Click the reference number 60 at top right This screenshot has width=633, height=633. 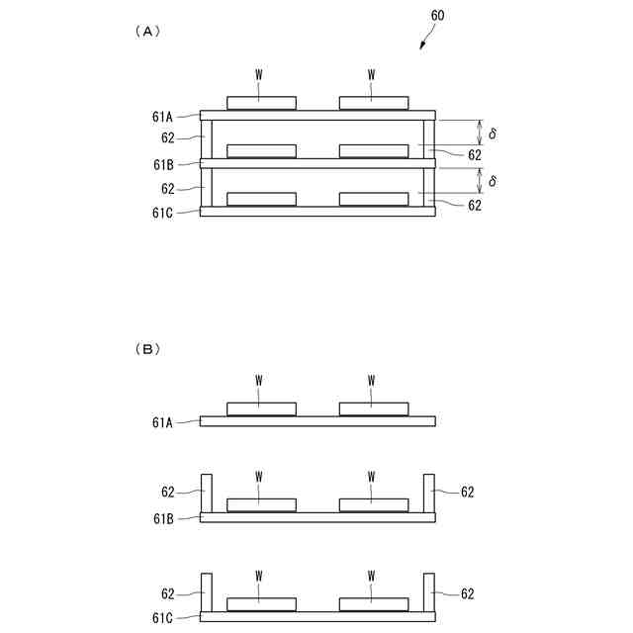pyautogui.click(x=438, y=16)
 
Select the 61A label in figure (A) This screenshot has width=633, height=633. pyautogui.click(x=163, y=117)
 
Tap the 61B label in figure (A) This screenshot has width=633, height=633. pyautogui.click(x=163, y=164)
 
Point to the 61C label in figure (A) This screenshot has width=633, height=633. pyautogui.click(x=163, y=212)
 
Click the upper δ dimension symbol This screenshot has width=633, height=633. pyautogui.click(x=493, y=133)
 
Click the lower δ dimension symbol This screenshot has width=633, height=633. pyautogui.click(x=493, y=181)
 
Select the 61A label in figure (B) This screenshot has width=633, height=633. pyautogui.click(x=163, y=421)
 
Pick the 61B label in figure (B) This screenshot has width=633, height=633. pyautogui.click(x=163, y=516)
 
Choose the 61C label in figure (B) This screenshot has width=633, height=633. pyautogui.click(x=163, y=616)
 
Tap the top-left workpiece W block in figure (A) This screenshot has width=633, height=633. pyautogui.click(x=261, y=102)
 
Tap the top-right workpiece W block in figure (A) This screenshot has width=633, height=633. pyautogui.click(x=373, y=102)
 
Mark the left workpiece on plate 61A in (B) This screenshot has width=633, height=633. pyautogui.click(x=261, y=408)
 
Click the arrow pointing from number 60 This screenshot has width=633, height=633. pyautogui.click(x=424, y=38)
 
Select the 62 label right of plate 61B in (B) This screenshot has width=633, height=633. pyautogui.click(x=468, y=492)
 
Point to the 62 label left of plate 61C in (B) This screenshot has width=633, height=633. pyautogui.click(x=168, y=594)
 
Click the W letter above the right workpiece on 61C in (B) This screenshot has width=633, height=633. pyautogui.click(x=372, y=575)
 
